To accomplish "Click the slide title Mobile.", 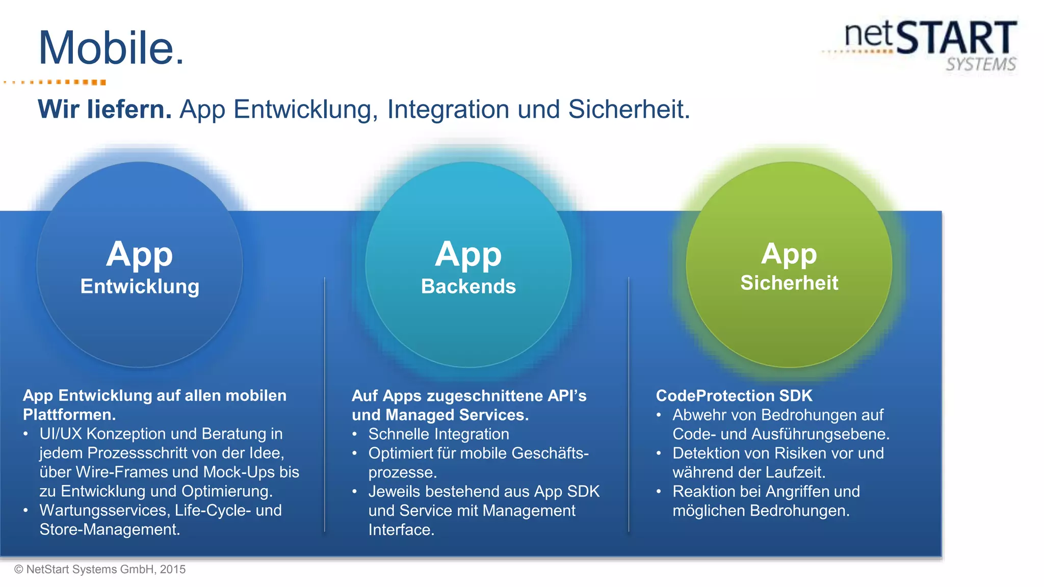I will (111, 48).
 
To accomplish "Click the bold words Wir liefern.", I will (105, 110).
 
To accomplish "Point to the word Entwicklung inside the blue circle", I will (140, 286).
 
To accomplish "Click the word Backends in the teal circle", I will (468, 286).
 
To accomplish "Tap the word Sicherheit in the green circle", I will (789, 283).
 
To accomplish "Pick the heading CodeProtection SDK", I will (734, 395).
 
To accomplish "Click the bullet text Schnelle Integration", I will (438, 434).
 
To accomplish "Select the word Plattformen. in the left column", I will (69, 415).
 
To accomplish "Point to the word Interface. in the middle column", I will (401, 530).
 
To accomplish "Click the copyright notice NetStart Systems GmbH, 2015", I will (100, 570).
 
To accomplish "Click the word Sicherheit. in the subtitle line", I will (629, 110).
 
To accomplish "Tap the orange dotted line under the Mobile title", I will (56, 82).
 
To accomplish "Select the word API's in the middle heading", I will (567, 395).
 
